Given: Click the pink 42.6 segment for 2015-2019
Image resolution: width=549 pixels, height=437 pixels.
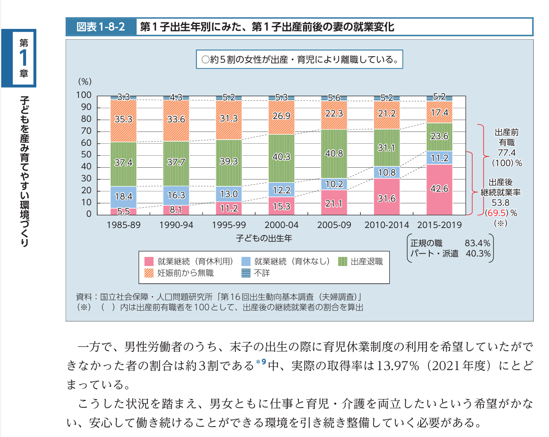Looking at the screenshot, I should (439, 189).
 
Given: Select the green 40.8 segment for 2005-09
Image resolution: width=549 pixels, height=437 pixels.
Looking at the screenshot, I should (334, 154).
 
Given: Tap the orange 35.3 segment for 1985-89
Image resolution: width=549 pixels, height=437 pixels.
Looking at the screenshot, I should (123, 120).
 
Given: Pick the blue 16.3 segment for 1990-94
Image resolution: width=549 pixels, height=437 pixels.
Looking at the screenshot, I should (176, 195).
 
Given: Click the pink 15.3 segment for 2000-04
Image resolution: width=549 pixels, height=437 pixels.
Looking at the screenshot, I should (282, 206).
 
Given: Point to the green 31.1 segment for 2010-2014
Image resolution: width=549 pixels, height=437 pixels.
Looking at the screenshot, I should (387, 147).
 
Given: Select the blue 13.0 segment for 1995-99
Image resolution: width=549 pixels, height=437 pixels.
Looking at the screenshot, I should (229, 194).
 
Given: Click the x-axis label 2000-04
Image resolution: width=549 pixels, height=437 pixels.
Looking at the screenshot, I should (282, 225).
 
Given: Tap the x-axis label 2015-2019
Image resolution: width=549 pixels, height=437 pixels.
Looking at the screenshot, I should (439, 225).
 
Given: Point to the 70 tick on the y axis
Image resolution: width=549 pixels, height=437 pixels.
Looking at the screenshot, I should (86, 131).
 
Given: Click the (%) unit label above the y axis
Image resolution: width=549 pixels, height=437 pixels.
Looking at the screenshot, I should (85, 81).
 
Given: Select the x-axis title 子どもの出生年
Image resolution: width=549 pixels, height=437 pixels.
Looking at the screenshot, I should (264, 238).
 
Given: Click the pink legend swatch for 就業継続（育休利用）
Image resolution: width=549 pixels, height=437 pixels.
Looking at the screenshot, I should (149, 261).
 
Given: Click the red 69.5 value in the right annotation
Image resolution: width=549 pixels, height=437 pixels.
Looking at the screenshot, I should (497, 213).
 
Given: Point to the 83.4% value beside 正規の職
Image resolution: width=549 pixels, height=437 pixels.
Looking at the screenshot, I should (478, 243).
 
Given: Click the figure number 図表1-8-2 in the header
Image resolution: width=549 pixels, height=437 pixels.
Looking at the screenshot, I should (101, 27).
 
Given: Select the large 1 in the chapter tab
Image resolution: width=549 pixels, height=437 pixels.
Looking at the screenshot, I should (24, 58).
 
